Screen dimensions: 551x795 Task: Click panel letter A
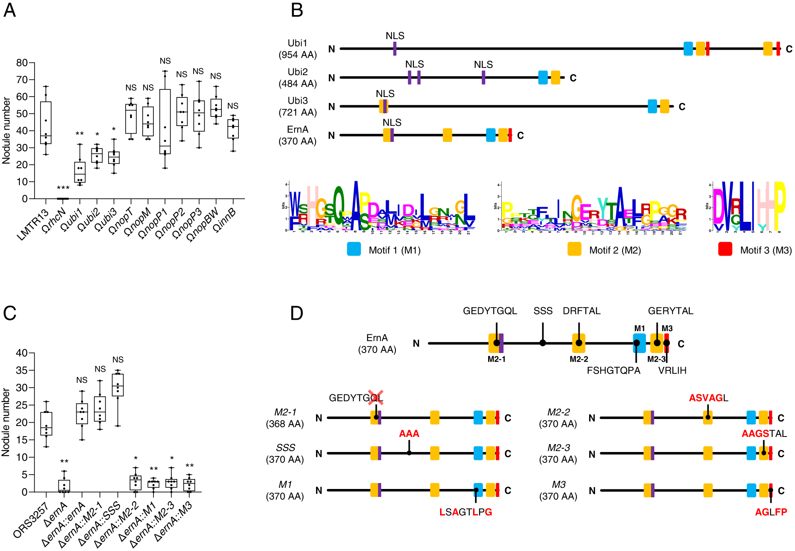click(10, 10)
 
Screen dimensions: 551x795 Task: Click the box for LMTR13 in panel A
click(46, 122)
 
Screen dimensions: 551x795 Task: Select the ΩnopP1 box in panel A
click(165, 121)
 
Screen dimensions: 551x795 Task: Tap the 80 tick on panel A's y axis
click(22, 63)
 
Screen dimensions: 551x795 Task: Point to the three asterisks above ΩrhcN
click(63, 188)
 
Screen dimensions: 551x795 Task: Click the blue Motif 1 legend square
click(354, 249)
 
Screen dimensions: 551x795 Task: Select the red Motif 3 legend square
click(725, 249)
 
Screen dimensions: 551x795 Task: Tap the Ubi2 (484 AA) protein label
click(298, 78)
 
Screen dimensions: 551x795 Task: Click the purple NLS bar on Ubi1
click(395, 49)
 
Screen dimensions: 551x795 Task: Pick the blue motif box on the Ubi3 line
click(652, 106)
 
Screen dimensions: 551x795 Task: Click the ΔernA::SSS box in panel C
click(118, 385)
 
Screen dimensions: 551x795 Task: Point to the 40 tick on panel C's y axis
click(22, 353)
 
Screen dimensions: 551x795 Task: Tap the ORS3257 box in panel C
click(46, 424)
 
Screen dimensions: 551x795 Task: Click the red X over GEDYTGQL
click(375, 397)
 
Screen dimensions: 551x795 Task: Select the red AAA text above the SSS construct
click(409, 434)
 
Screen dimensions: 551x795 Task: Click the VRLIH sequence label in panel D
click(672, 371)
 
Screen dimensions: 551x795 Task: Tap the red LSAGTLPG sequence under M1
click(466, 512)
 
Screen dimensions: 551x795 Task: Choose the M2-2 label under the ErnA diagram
click(579, 359)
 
